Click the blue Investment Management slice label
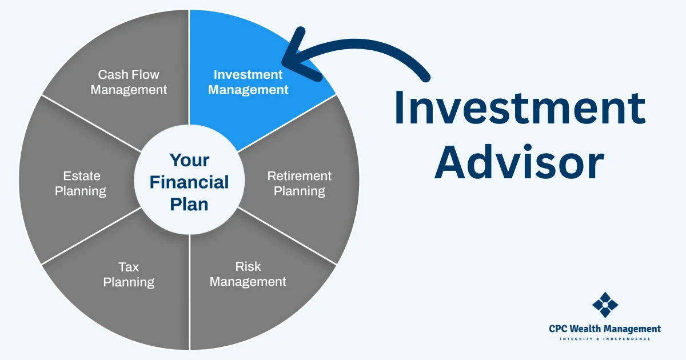[x=248, y=82]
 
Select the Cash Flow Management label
[x=129, y=82]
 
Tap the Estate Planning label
[x=81, y=183]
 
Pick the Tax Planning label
[x=129, y=275]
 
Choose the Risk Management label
[x=248, y=274]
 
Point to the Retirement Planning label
[x=299, y=183]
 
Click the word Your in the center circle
[x=189, y=160]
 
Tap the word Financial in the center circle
[x=189, y=182]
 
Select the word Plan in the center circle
[x=189, y=204]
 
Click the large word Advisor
[x=520, y=162]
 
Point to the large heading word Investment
[x=520, y=108]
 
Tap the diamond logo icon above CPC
[x=605, y=305]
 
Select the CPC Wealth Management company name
[x=605, y=329]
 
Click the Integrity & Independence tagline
[x=605, y=339]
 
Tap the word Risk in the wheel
[x=248, y=266]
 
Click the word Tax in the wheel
[x=129, y=267]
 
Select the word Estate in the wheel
[x=82, y=176]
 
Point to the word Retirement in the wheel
[x=299, y=176]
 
